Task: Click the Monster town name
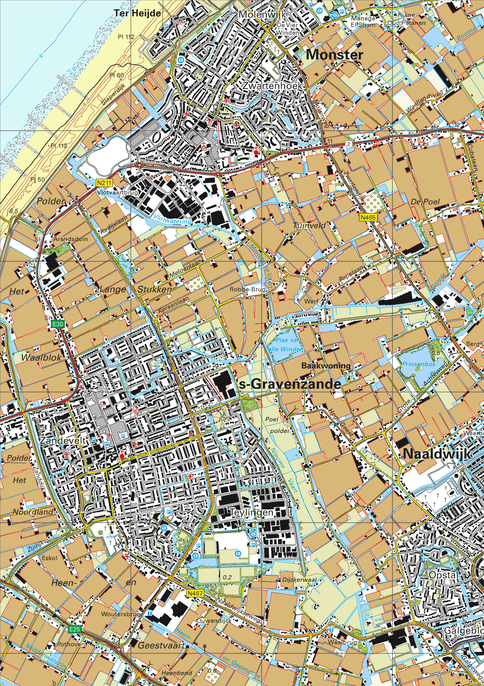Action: tap(334, 55)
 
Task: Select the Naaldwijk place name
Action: tap(437, 454)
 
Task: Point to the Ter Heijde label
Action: tap(137, 13)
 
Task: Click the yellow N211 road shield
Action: tap(103, 184)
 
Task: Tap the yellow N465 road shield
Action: tap(369, 217)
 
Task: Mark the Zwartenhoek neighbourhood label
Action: tap(272, 86)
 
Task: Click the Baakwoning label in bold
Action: tap(326, 366)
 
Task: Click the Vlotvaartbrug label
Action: tap(118, 193)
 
